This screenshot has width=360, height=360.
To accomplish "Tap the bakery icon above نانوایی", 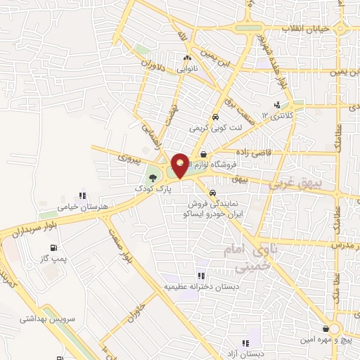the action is pyautogui.click(x=187, y=59).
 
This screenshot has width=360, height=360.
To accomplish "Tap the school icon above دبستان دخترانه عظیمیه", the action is pyautogui.click(x=201, y=276).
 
